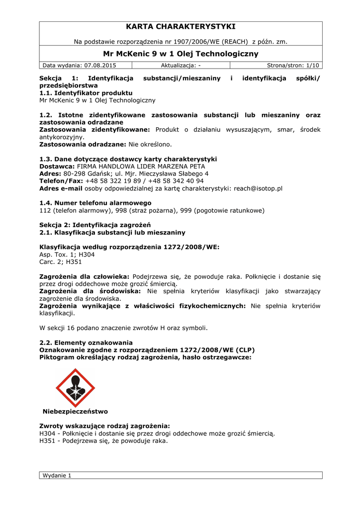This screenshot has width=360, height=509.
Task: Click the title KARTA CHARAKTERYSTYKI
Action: click(180, 26)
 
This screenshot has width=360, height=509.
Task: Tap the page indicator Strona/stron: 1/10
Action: click(293, 65)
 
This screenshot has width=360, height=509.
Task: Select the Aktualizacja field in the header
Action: click(180, 65)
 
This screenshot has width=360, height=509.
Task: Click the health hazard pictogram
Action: click(75, 388)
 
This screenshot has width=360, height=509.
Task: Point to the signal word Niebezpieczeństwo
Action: click(75, 412)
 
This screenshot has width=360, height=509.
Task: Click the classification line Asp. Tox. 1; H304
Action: click(67, 254)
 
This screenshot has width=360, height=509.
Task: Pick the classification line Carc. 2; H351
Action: click(60, 262)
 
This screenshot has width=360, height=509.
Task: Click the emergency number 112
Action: click(45, 210)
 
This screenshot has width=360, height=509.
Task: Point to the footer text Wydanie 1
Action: click(57, 475)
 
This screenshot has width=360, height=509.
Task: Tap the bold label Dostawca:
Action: click(57, 166)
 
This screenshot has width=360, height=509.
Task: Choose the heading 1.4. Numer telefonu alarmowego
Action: click(95, 203)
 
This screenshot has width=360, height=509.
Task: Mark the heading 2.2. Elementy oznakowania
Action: click(86, 342)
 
